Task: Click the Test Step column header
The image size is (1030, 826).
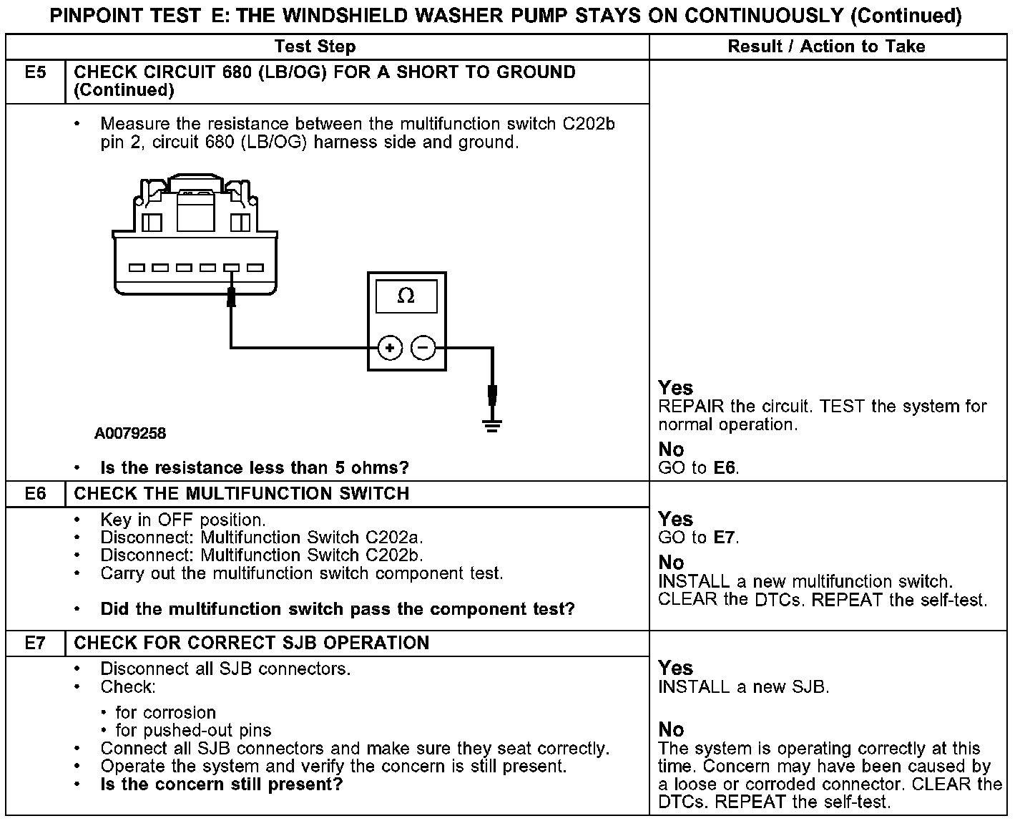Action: coord(315,47)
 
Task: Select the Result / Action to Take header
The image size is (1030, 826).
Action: coord(826,47)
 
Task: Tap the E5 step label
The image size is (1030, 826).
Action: coord(35,73)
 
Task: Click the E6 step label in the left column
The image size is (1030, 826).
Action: coord(35,494)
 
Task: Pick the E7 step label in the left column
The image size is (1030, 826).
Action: coord(35,643)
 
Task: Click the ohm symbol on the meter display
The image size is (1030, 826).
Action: coord(406,296)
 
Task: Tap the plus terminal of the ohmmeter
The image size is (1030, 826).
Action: coord(390,349)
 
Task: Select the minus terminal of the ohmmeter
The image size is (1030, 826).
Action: coord(423,349)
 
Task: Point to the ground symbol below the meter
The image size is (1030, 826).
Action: coord(492,425)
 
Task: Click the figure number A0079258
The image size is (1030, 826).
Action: coord(130,434)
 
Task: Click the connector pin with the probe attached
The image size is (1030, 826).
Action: coord(231,268)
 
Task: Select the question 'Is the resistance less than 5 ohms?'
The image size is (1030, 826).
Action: coord(255,468)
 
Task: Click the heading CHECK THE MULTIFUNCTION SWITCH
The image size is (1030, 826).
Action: coord(242,494)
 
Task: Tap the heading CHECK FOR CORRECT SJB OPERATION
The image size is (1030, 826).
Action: coord(252,643)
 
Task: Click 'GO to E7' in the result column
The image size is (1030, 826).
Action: coord(698,538)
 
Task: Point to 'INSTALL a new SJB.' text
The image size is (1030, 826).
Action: coord(743,687)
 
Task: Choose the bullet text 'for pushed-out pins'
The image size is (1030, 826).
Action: coord(193,731)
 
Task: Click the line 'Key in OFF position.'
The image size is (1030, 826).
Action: coord(183,520)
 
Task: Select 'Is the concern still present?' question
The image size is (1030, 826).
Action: coord(222,784)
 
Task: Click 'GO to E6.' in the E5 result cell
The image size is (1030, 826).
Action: coord(698,468)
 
